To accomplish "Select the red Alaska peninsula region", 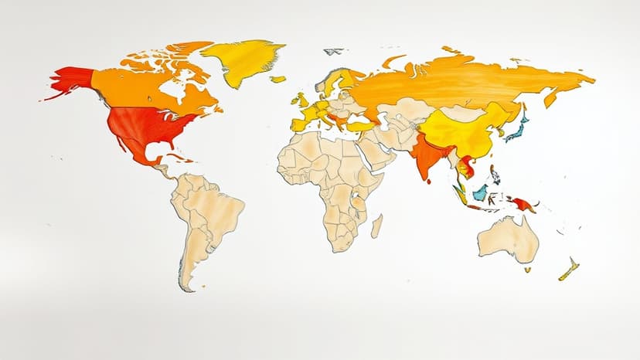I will tap(71, 80).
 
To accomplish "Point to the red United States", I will tap(151, 126).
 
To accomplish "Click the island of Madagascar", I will tap(376, 226).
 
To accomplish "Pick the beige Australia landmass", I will tap(508, 238).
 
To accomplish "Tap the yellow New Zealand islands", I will tap(569, 269).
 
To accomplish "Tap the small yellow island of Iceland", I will tap(277, 79).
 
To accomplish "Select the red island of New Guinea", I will tap(523, 204).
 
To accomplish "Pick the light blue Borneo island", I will tap(481, 192).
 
